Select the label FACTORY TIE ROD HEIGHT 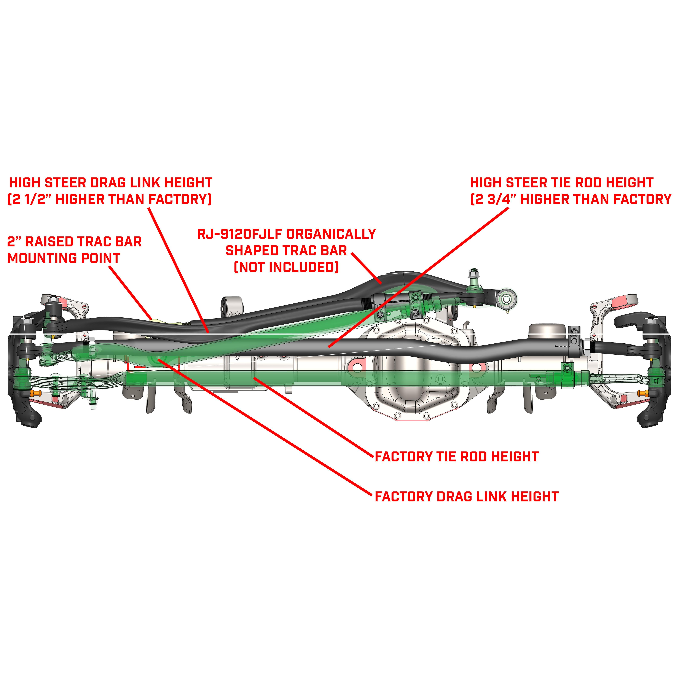tap(457, 457)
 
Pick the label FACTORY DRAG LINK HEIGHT tap(466, 497)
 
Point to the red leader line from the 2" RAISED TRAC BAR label tap(130, 292)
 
